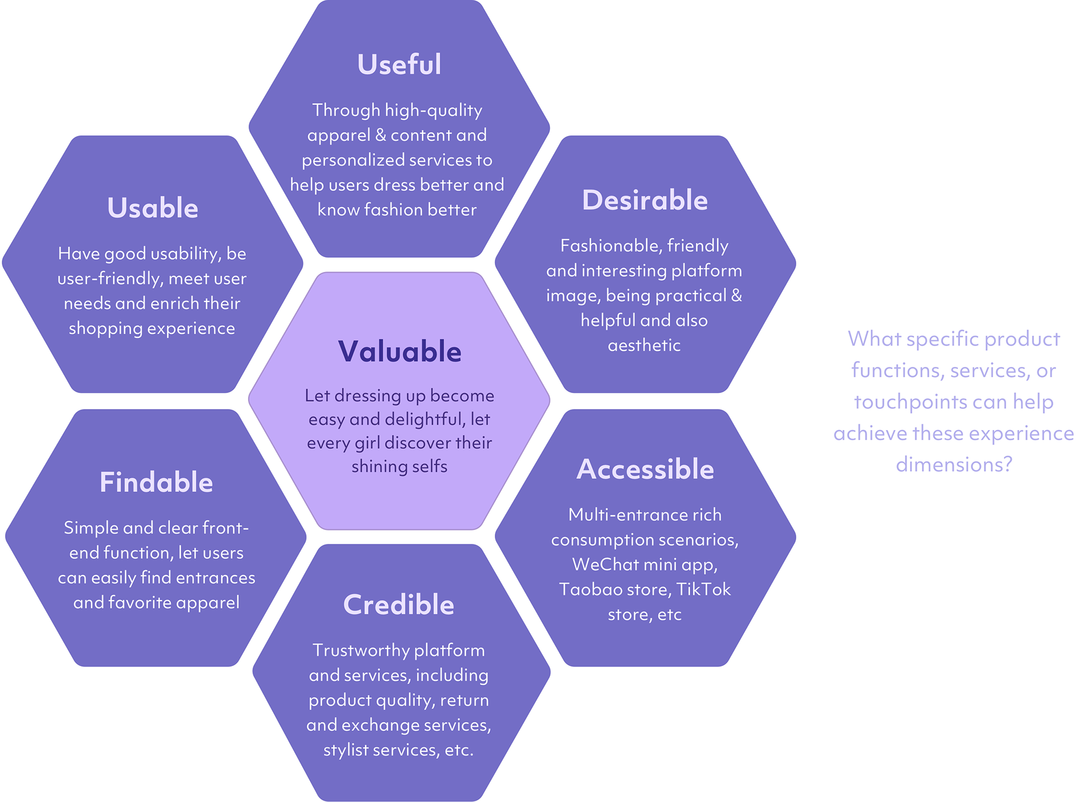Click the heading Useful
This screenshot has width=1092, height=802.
point(399,64)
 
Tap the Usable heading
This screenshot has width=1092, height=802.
point(152,208)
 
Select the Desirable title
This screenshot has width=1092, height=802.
point(644,200)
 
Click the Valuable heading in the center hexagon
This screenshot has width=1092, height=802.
point(399,352)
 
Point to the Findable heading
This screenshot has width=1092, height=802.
point(156,482)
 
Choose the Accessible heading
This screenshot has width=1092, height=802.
point(645,469)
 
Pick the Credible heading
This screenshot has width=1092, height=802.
point(399,605)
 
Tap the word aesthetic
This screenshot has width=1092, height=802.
point(644,345)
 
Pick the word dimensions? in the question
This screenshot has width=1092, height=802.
point(954,465)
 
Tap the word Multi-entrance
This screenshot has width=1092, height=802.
point(620,515)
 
